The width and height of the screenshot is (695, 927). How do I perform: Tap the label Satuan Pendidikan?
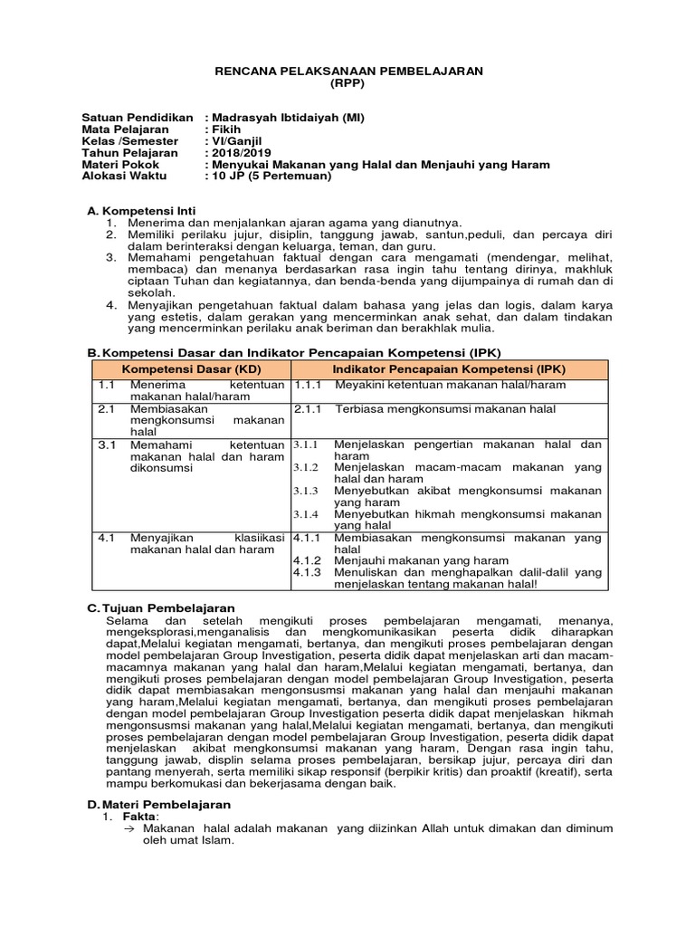[x=138, y=118]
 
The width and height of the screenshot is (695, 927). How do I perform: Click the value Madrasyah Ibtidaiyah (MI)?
[x=290, y=118]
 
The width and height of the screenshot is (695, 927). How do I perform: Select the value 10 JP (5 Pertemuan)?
[x=271, y=177]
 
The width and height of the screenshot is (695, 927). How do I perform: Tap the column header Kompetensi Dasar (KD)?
[x=191, y=370]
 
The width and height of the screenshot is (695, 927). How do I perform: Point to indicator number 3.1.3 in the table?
[x=305, y=491]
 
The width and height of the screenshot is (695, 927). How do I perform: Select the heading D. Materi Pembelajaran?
[x=158, y=804]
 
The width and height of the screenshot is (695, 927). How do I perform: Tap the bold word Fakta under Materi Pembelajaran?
[x=139, y=817]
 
